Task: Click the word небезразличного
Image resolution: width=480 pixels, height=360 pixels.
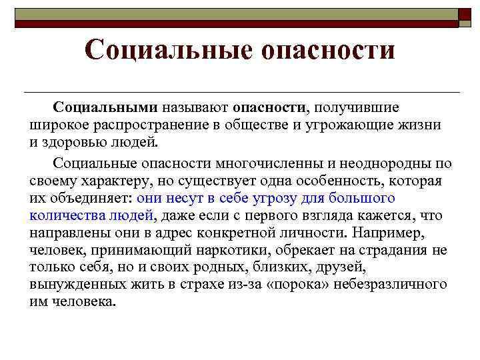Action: pos(387,284)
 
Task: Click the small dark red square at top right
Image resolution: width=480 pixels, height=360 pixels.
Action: pos(465,17)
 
